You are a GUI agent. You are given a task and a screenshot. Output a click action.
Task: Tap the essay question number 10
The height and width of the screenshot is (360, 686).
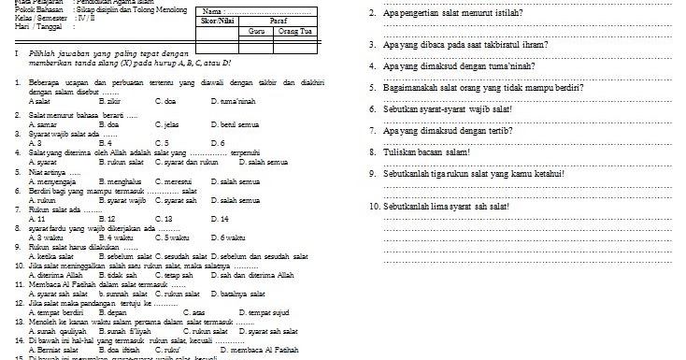(x=374, y=206)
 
